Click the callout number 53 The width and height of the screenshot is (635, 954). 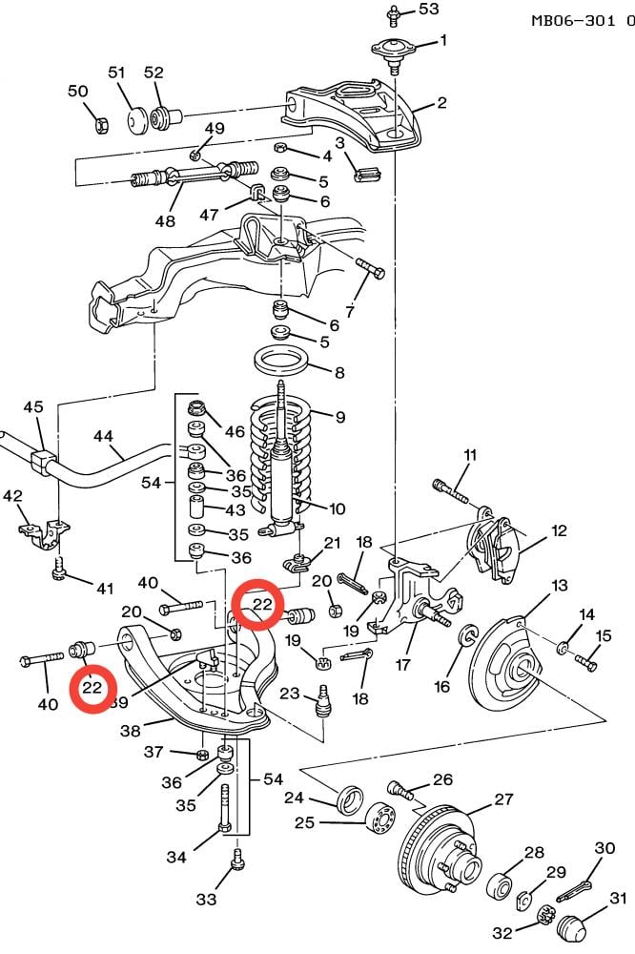pyautogui.click(x=428, y=10)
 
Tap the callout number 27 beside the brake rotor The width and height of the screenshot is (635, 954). pyautogui.click(x=503, y=798)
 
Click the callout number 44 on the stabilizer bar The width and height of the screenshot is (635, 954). pyautogui.click(x=103, y=436)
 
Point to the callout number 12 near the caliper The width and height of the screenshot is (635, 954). pyautogui.click(x=559, y=530)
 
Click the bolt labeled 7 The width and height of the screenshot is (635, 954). pyautogui.click(x=370, y=268)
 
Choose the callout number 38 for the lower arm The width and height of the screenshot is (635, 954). pyautogui.click(x=131, y=730)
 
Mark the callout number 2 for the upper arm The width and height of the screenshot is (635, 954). pyautogui.click(x=441, y=102)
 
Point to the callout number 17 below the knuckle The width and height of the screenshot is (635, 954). pyautogui.click(x=402, y=664)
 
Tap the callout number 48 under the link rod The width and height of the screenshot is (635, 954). pyautogui.click(x=165, y=220)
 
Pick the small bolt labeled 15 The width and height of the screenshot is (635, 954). pyautogui.click(x=585, y=662)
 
